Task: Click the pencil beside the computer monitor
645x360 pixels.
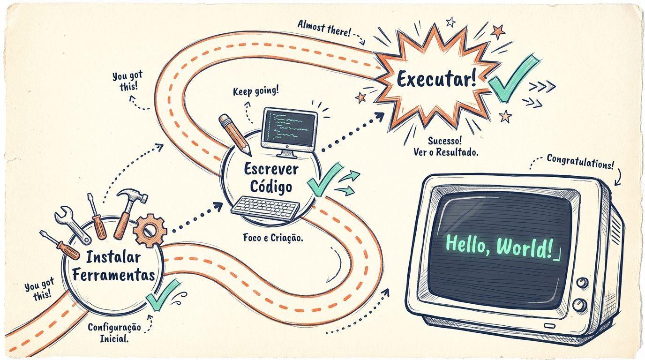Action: tap(234, 134)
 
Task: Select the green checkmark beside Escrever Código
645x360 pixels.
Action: tap(323, 180)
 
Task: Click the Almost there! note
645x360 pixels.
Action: tap(323, 28)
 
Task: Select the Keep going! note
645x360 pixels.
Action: tap(255, 91)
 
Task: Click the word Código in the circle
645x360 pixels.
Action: tap(270, 186)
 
